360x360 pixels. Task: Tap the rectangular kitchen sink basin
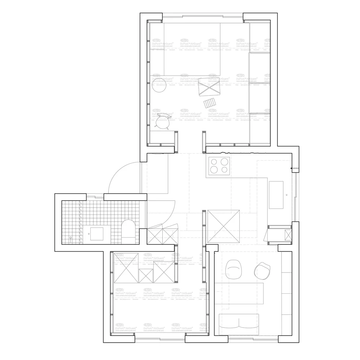(x=276, y=195)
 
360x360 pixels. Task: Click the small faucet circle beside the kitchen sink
(x=287, y=195)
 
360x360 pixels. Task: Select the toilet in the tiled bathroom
(x=128, y=230)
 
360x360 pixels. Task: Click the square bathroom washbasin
(x=97, y=234)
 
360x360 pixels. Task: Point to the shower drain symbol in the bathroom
(x=71, y=238)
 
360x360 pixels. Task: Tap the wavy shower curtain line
(x=81, y=220)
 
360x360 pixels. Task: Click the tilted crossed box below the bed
(x=210, y=86)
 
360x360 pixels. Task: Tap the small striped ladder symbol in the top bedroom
(x=211, y=103)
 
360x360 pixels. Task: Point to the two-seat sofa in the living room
(x=239, y=321)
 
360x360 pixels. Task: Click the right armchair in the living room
(x=262, y=271)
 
